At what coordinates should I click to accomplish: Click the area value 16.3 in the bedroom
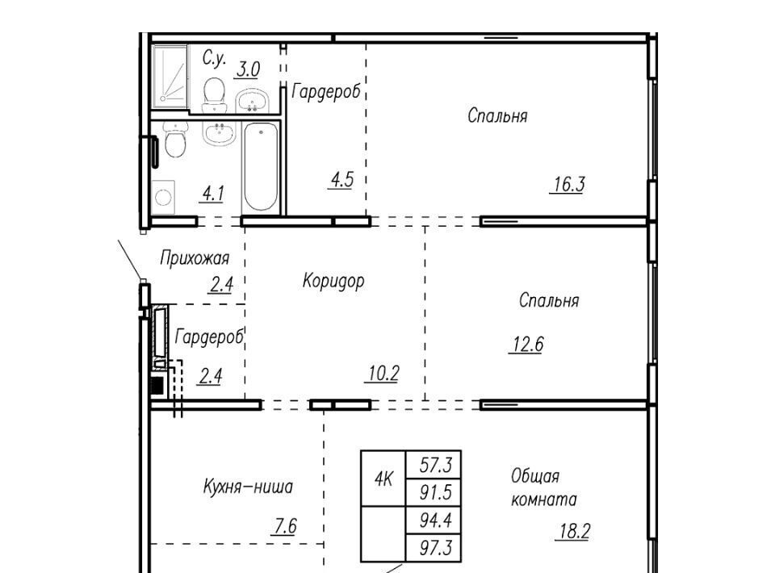click(568, 184)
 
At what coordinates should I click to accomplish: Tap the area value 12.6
click(527, 344)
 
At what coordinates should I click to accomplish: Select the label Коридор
click(333, 281)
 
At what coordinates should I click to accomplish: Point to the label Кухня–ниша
click(248, 487)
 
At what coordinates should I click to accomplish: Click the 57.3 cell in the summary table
click(434, 464)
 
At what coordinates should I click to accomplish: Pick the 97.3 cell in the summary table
click(434, 548)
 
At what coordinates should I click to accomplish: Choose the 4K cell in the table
click(383, 478)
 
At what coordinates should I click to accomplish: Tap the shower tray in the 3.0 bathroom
click(170, 76)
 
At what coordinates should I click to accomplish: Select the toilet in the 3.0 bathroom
click(214, 95)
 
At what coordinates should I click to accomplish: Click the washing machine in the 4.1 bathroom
click(164, 198)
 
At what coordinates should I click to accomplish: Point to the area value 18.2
click(573, 532)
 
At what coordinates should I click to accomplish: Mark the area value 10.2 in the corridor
click(383, 374)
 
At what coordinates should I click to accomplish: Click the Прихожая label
click(195, 258)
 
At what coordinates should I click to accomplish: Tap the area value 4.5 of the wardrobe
click(341, 180)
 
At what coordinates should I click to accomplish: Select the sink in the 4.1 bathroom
click(219, 133)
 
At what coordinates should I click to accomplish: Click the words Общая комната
click(543, 487)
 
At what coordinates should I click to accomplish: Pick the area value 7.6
click(285, 526)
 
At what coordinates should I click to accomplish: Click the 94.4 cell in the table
click(434, 521)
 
